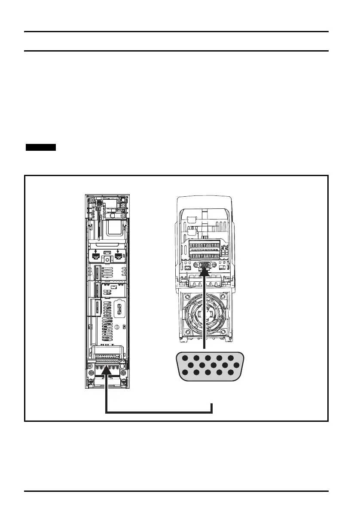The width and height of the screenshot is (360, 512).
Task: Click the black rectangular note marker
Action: (x=41, y=148)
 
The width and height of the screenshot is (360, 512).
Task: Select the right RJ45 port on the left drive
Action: (x=119, y=257)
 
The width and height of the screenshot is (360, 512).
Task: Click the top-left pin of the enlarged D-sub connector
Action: (x=185, y=358)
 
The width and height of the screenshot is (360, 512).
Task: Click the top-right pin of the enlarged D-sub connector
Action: (x=231, y=358)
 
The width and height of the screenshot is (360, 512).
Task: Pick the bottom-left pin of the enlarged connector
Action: (x=185, y=372)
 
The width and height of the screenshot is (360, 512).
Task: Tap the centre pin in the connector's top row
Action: (x=208, y=358)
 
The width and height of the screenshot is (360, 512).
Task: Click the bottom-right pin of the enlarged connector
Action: (x=231, y=372)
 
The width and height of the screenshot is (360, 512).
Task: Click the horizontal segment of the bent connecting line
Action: (x=159, y=413)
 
